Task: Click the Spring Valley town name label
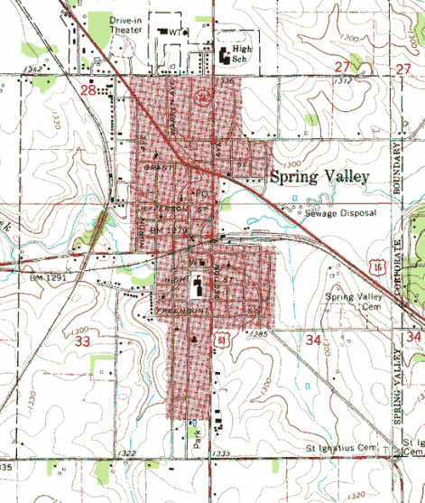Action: pos(320,177)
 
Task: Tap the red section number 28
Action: pos(88,90)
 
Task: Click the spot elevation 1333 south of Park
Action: pos(220,452)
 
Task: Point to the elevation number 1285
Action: pos(263,335)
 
